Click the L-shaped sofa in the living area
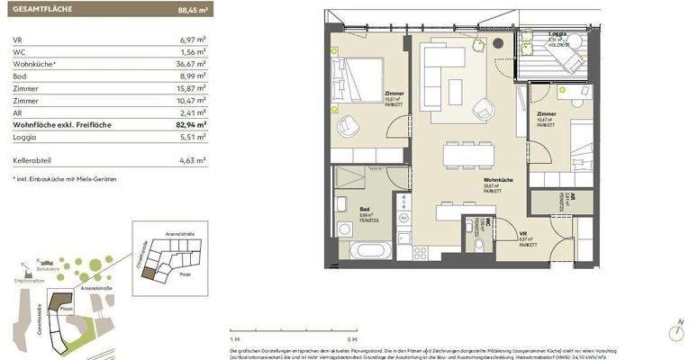click(x=441, y=76)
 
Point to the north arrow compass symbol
click(x=673, y=333)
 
